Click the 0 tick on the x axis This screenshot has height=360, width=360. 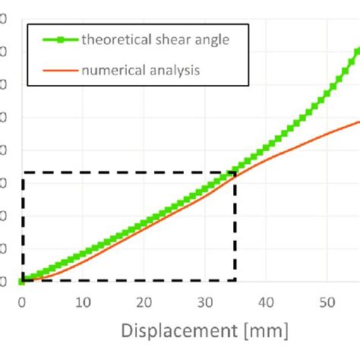coord(22,302)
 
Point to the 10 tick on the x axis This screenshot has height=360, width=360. coord(83,302)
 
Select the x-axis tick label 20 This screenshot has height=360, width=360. coord(144,302)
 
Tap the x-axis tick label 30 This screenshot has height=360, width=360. coord(204,302)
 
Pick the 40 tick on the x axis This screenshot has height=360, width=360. coord(265,302)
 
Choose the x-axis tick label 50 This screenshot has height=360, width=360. coord(326,302)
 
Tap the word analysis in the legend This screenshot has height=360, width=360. coord(172,71)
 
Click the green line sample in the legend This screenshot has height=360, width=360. coord(55,41)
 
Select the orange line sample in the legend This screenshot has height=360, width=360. coord(55,71)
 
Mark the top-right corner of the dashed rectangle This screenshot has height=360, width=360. coord(235,173)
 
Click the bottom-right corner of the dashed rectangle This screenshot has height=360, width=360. coord(235,281)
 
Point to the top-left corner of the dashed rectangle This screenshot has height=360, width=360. coord(23,173)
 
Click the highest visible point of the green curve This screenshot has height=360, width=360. coord(358,48)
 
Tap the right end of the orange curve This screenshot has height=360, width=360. coord(358,121)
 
